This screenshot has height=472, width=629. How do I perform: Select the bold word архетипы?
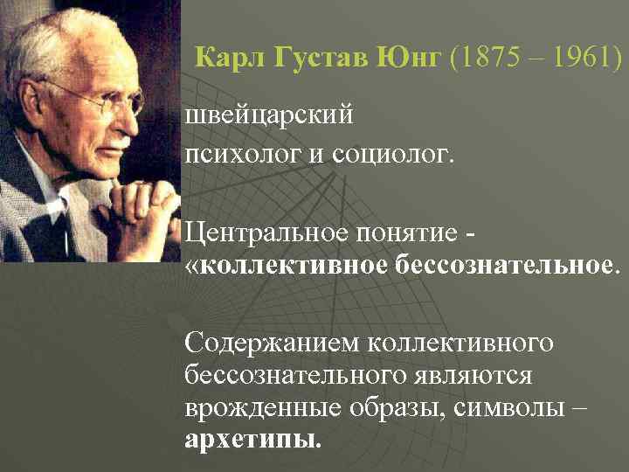[252, 439]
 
